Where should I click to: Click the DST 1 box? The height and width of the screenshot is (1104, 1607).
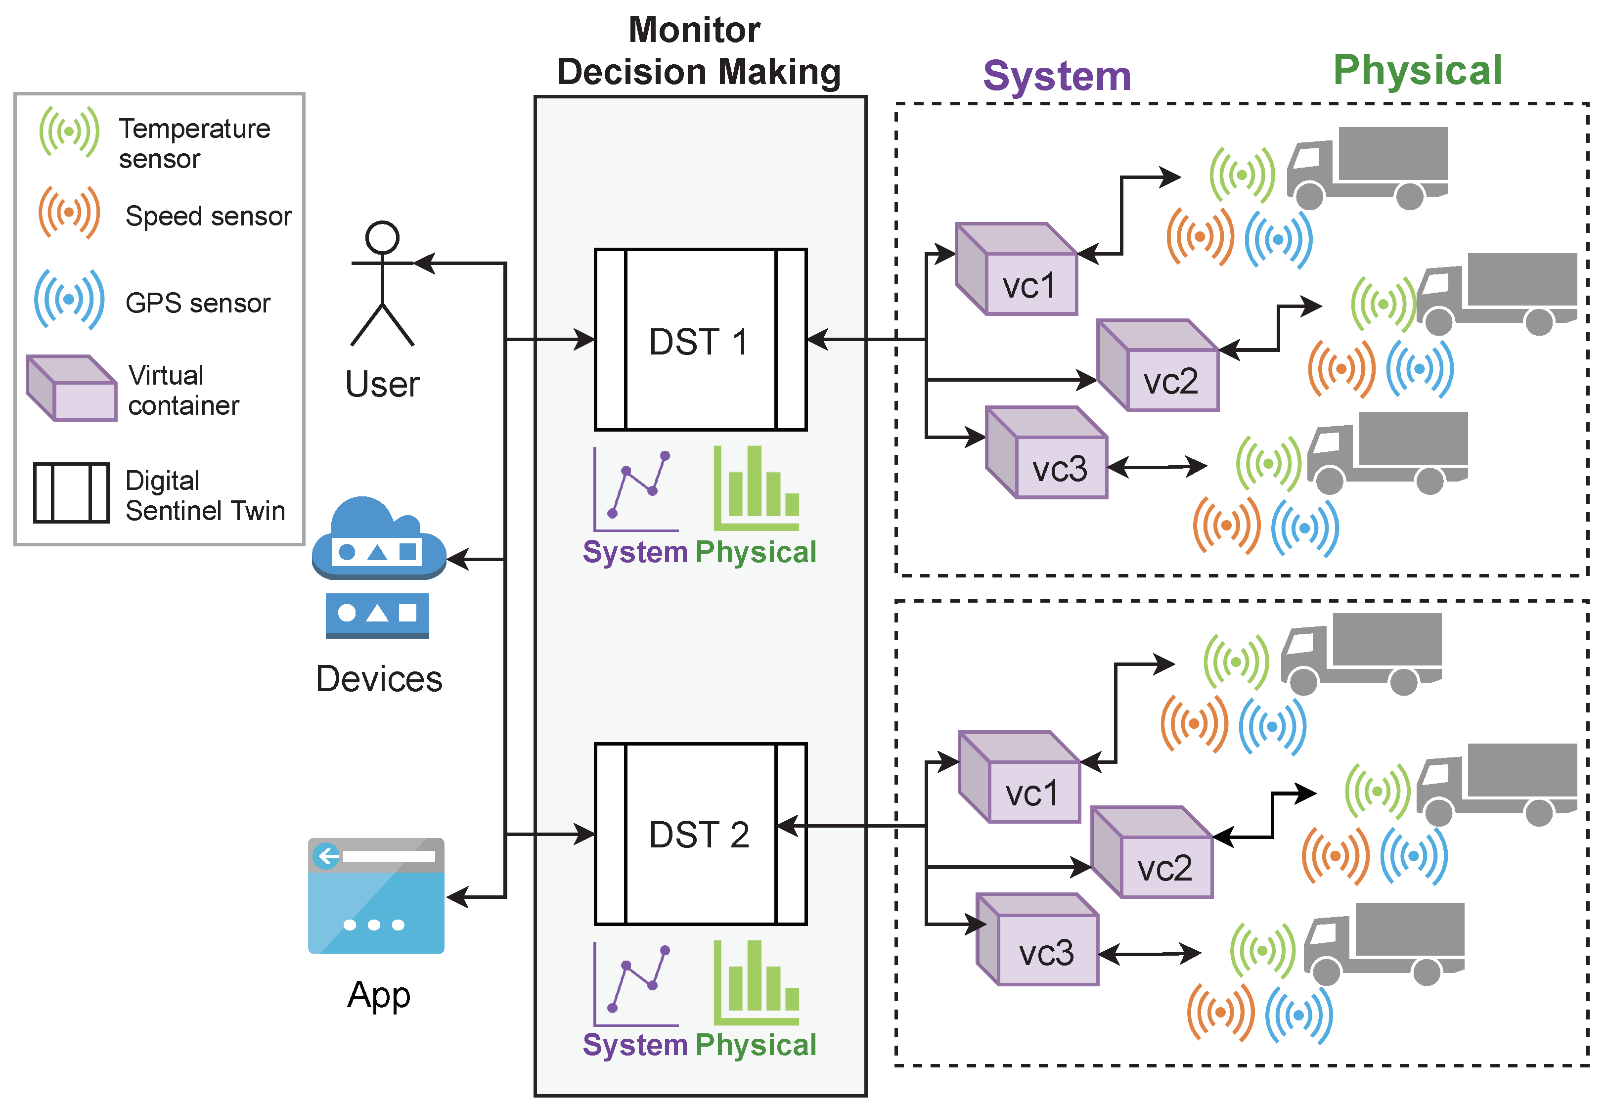click(x=700, y=340)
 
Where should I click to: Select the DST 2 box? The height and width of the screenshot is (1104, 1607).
click(x=700, y=834)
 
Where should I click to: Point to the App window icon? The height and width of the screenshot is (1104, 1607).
click(x=376, y=896)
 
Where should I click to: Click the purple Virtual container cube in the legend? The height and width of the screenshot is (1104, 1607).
click(x=71, y=388)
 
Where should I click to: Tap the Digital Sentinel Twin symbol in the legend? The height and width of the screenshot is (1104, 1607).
click(x=71, y=492)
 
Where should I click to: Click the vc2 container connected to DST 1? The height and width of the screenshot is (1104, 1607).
click(x=1158, y=365)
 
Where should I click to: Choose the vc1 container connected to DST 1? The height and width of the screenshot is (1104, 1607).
click(x=1016, y=269)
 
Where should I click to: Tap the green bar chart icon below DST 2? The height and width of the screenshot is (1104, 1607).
click(x=756, y=983)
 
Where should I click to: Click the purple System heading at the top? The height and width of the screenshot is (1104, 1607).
click(x=1056, y=76)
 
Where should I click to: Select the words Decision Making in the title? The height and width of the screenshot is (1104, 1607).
click(x=699, y=72)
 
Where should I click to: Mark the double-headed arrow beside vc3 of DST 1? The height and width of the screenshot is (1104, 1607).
click(x=1157, y=467)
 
